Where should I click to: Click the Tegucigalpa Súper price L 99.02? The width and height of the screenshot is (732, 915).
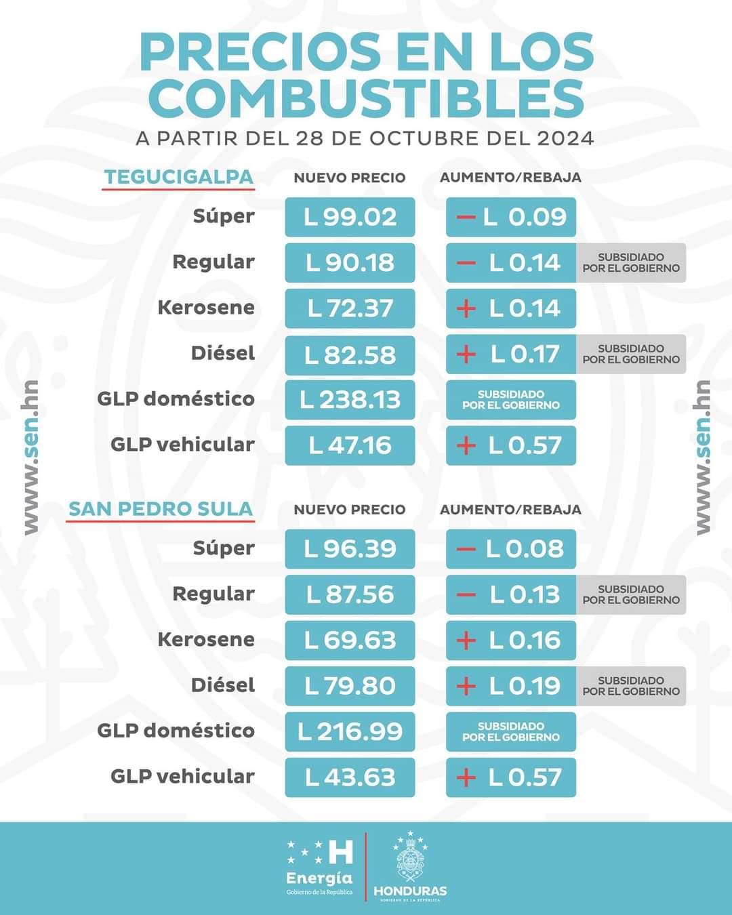coord(350,217)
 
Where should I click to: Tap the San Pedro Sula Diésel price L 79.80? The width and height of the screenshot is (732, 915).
coord(350,685)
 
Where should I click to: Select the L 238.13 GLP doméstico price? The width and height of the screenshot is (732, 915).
coord(350,399)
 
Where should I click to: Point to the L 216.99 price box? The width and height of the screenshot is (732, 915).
coord(350,731)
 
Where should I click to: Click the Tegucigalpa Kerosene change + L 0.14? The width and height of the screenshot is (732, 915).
coord(511,308)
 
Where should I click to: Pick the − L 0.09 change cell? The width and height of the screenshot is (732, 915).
coord(511,217)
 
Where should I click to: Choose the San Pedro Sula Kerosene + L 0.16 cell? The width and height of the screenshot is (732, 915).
coord(511,640)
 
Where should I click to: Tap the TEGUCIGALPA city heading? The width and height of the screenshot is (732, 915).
coord(178,177)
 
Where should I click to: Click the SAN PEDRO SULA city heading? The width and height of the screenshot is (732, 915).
coord(161,509)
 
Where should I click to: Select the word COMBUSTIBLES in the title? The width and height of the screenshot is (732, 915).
coord(366,97)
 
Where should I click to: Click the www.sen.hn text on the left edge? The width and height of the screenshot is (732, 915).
coord(30,457)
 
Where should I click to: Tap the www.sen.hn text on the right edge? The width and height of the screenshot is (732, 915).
coord(703,457)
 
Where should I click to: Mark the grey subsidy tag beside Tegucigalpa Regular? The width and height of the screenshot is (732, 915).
coord(631,262)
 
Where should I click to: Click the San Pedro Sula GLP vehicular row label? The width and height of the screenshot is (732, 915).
coord(182,776)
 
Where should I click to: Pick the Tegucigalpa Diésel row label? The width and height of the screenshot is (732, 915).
coord(223,353)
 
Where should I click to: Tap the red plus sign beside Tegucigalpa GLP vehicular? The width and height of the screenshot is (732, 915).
coord(466,445)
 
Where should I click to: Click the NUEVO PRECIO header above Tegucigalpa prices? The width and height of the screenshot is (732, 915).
coord(349,178)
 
